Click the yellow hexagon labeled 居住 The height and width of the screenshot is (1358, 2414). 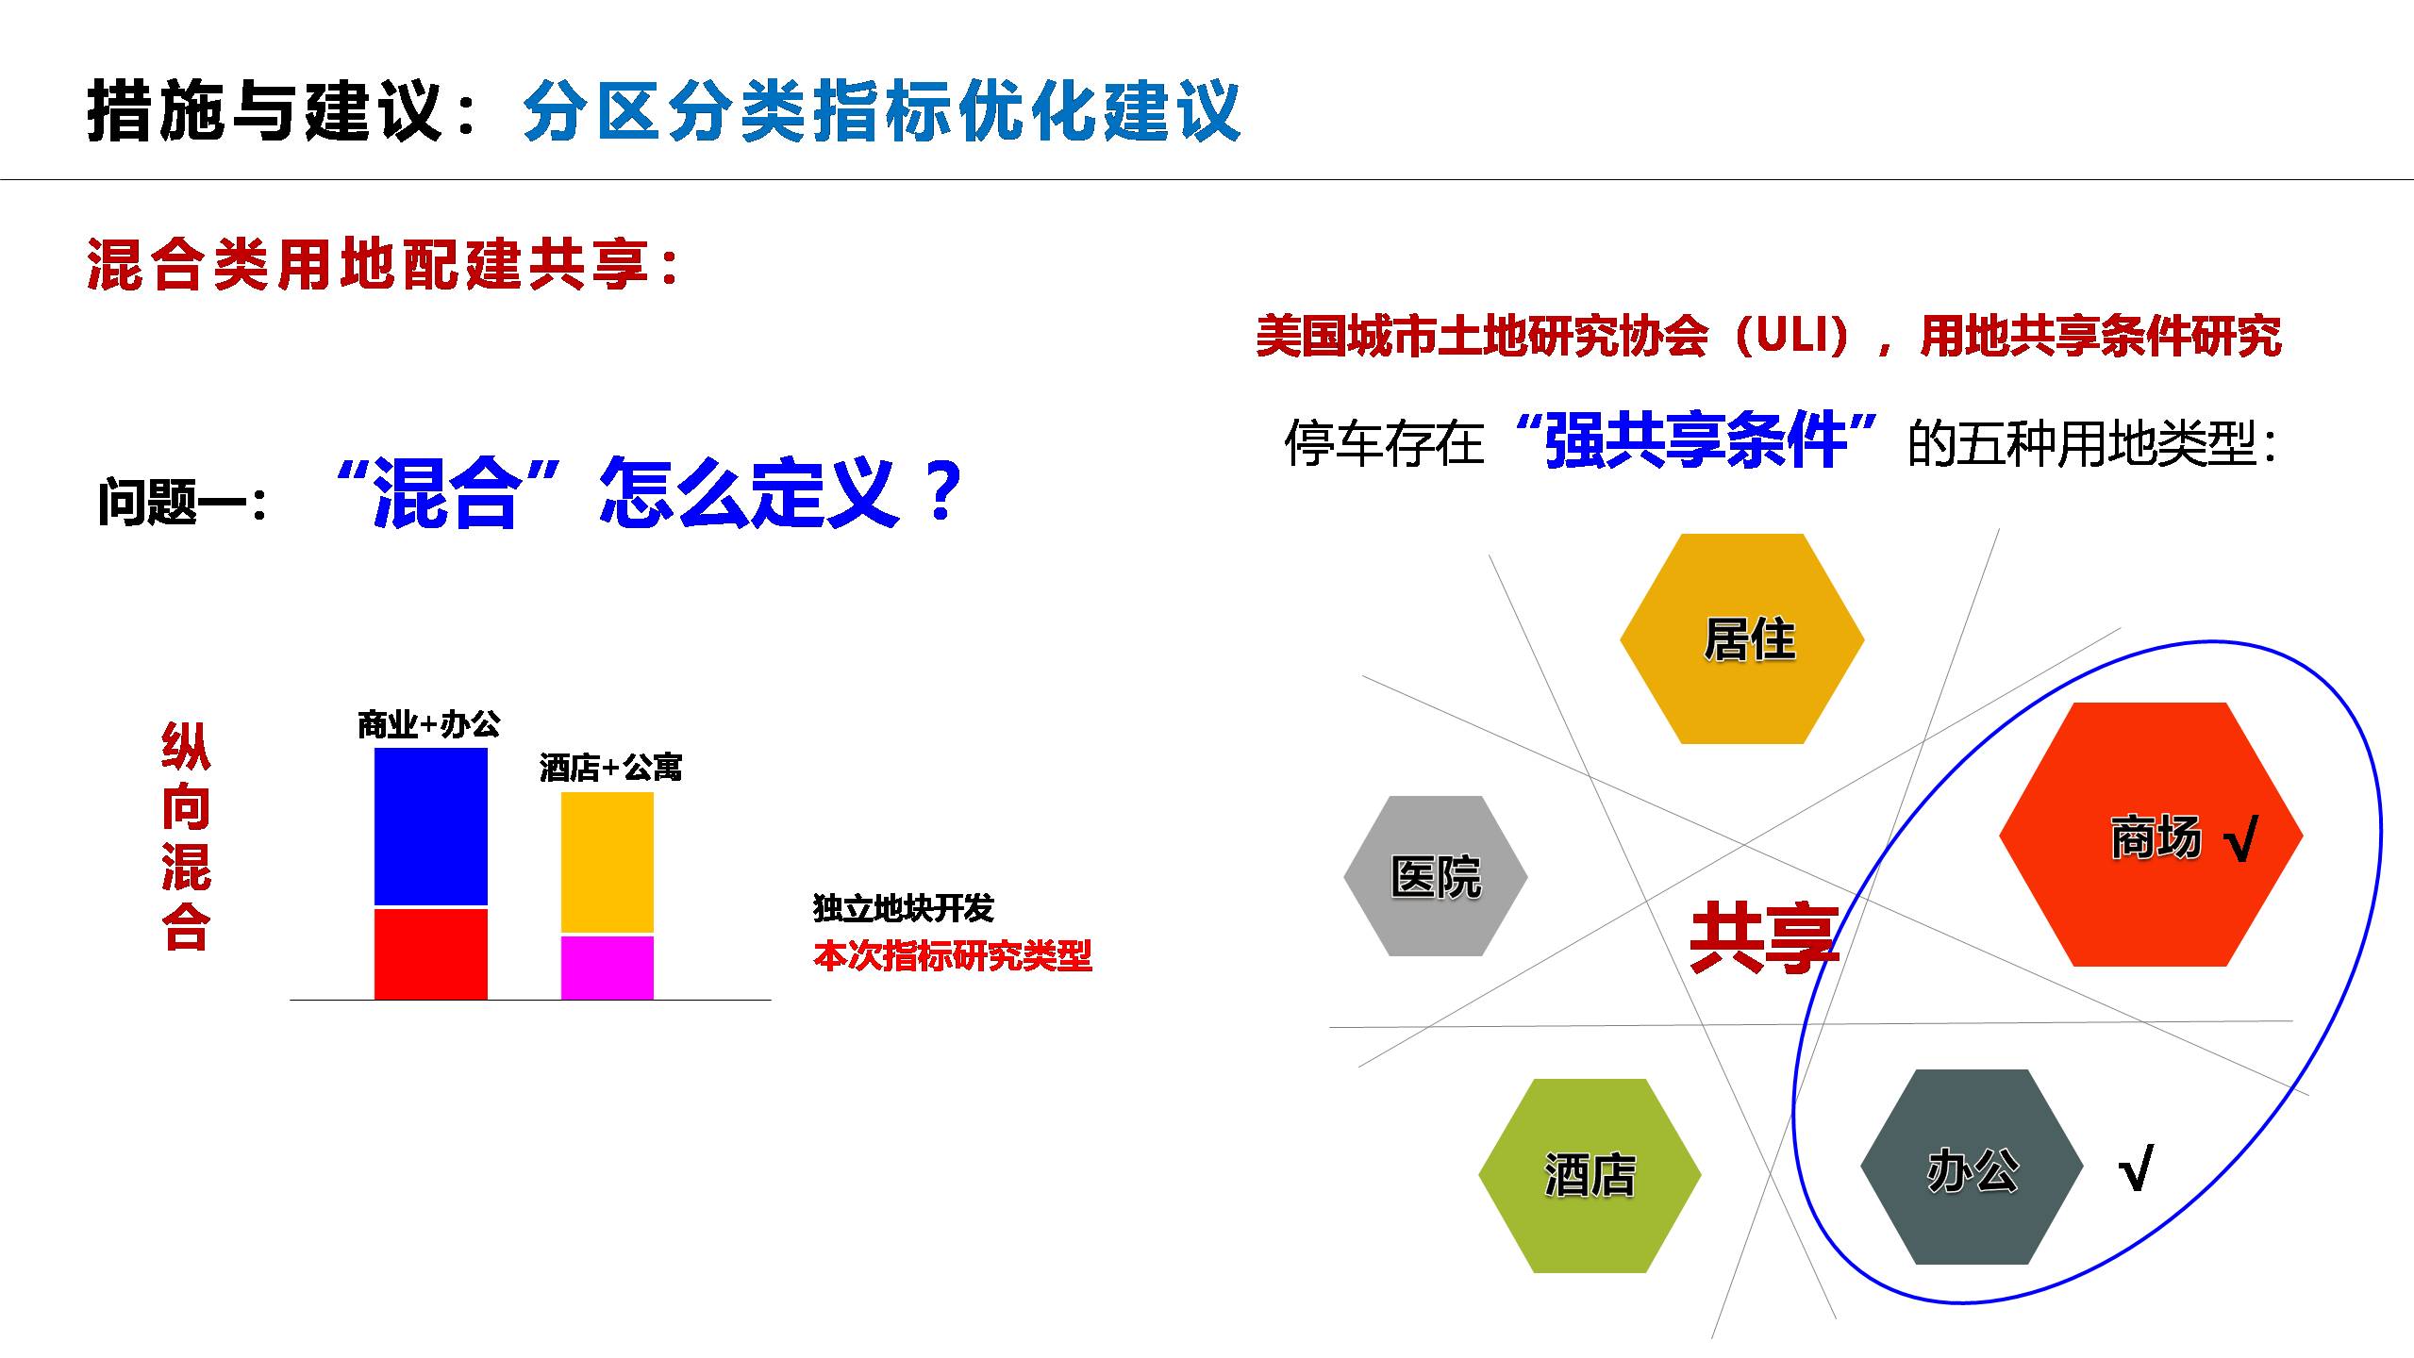coord(1741,639)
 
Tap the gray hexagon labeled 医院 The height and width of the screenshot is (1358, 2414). coord(1436,876)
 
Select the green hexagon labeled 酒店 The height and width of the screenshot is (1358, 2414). coord(1590,1176)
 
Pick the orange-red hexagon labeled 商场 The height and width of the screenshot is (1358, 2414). coord(2151,835)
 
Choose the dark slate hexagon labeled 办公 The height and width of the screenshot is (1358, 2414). coord(1972,1167)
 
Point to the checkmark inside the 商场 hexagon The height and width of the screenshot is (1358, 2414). coord(2241,839)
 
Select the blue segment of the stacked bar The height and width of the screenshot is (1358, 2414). coord(431,827)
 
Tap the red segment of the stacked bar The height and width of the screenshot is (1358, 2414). coord(431,953)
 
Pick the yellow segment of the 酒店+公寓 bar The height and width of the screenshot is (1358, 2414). coord(608,863)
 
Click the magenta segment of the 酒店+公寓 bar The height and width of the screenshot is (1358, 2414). coord(608,968)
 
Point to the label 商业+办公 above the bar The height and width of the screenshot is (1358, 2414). coord(429,724)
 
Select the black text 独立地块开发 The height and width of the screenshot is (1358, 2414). coord(904,908)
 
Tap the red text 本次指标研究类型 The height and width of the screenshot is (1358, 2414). coord(953,956)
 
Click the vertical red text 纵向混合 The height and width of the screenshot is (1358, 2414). coord(186,837)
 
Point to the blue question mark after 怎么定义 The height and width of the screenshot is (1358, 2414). coord(941,492)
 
